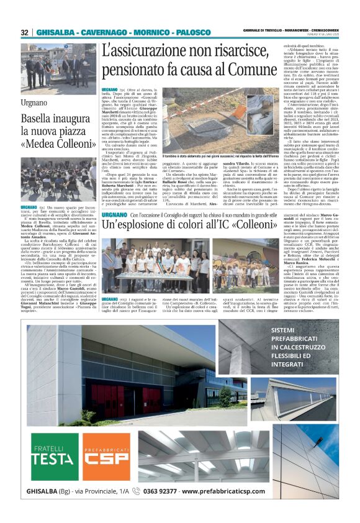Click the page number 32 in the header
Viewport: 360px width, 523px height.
[x=24, y=32]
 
